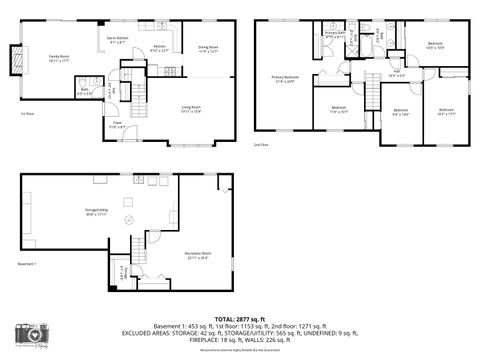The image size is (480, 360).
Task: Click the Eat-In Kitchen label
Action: click(117, 41)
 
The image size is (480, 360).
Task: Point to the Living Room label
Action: click(191, 109)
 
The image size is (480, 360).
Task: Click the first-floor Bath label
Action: click(87, 92)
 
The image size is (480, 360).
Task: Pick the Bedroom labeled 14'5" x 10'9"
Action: click(435, 45)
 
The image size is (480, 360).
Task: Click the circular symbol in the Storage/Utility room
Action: click(128, 221)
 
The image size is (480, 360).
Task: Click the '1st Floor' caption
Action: click(27, 113)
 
